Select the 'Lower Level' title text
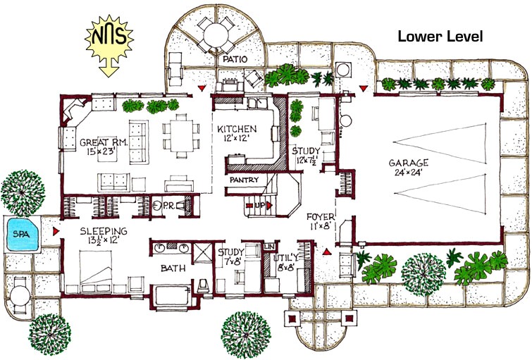[x=440, y=37]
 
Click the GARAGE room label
[x=409, y=163]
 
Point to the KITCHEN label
[x=237, y=130]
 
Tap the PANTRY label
[x=242, y=180]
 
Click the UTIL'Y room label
[x=285, y=259]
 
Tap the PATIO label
[x=233, y=60]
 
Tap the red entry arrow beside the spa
[x=54, y=230]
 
